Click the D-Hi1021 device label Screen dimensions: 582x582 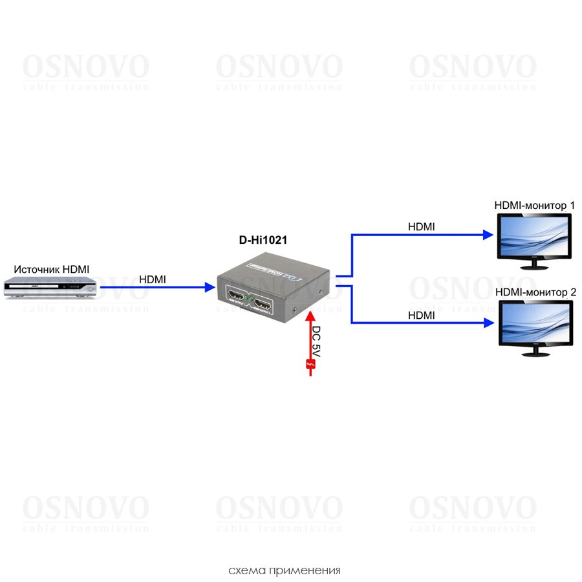click(263, 240)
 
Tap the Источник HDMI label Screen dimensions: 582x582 click(52, 269)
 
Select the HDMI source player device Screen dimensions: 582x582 click(50, 286)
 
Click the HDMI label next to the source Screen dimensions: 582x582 click(153, 279)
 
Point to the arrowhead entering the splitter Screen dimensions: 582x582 click(210, 286)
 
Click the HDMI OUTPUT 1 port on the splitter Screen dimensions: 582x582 click(237, 299)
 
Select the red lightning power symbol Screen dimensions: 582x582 click(310, 367)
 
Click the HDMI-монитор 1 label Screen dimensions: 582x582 click(534, 206)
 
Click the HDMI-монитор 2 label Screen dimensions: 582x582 click(535, 292)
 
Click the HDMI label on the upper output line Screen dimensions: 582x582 click(421, 227)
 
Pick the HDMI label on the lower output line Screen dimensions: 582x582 click(421, 315)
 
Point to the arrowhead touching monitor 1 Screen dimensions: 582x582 click(488, 235)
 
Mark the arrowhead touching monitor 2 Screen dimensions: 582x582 click(488, 323)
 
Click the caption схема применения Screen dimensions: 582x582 click(284, 570)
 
